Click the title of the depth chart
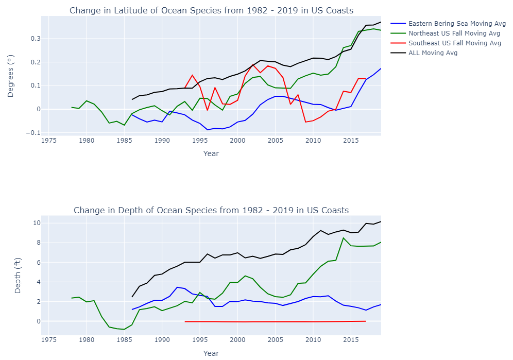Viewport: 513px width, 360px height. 211,210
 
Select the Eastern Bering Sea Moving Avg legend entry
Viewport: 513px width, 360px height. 456,24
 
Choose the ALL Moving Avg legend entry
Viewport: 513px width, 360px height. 433,53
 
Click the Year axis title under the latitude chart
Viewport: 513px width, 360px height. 211,153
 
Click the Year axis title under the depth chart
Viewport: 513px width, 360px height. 211,353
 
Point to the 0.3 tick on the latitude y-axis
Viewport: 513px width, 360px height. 35,39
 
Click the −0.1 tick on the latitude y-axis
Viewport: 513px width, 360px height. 33,133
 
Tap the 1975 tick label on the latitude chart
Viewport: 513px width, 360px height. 49,141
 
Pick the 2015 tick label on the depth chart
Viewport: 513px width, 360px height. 351,340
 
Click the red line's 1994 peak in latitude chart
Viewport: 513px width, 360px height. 192,75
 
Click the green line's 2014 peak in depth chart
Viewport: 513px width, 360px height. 343,237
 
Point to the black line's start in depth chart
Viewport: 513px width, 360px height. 132,297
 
